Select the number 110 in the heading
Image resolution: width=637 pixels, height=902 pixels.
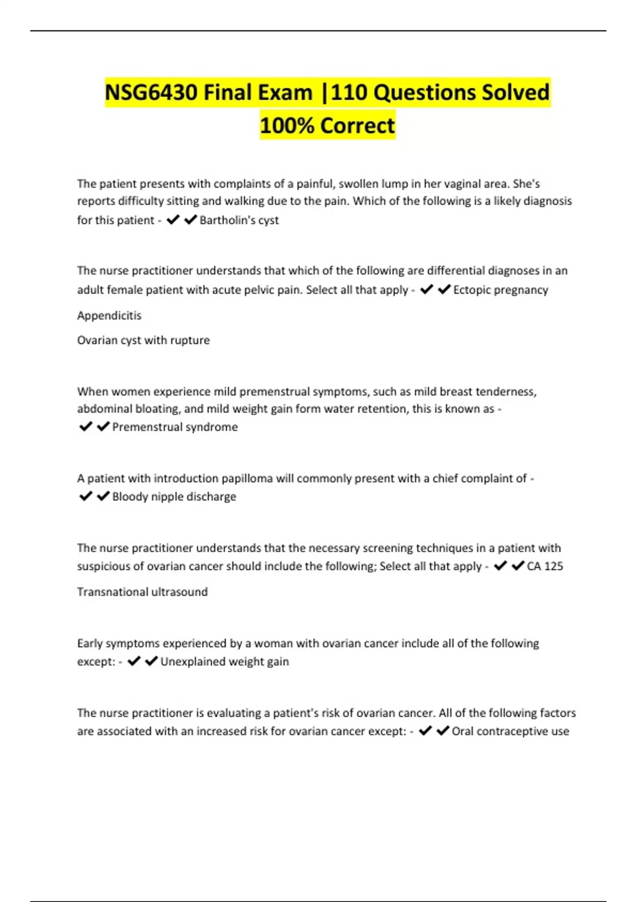pos(349,93)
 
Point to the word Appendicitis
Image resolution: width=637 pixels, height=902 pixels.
pos(109,316)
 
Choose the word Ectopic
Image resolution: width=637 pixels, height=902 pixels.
pos(472,290)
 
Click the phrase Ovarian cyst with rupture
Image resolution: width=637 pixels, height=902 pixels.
pos(143,340)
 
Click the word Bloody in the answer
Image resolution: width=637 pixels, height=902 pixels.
pos(130,497)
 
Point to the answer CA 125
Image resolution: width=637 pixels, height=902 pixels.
pos(545,566)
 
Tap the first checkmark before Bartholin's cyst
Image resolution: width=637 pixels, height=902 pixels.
pos(173,220)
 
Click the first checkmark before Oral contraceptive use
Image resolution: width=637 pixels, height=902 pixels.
pos(425,731)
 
